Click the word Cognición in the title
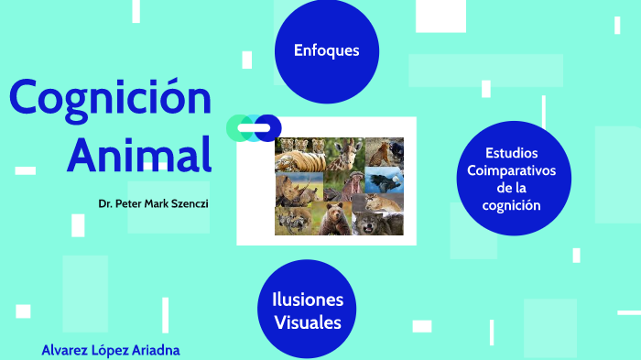[x=110, y=99]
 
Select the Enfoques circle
[x=326, y=51]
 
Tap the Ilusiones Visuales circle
[x=307, y=311]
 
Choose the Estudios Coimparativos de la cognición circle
[x=512, y=179]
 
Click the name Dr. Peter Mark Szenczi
[x=153, y=202]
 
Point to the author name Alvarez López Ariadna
[x=110, y=350]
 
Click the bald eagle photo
[x=384, y=180]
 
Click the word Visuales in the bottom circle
[x=307, y=322]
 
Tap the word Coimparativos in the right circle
[x=512, y=171]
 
